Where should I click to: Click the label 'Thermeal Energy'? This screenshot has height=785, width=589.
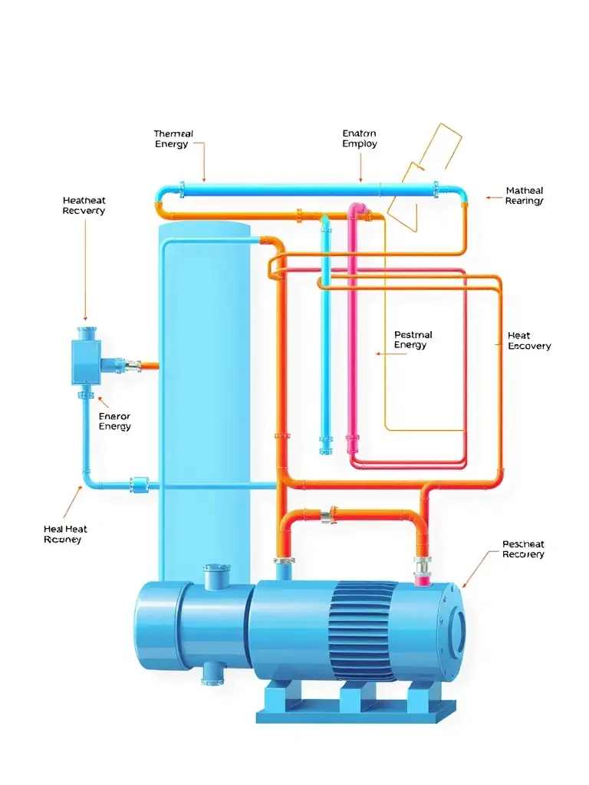coord(173,139)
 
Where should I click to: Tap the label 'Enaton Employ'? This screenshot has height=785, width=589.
coord(360,139)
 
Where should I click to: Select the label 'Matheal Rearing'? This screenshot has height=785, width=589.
coord(525,195)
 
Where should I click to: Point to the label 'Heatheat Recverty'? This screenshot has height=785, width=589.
coord(84,205)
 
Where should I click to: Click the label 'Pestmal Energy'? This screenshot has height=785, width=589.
coord(413,340)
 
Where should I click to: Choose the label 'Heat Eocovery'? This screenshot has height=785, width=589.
coord(529,341)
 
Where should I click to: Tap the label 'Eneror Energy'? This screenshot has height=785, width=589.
coord(115,422)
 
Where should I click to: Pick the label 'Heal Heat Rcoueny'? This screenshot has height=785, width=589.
coord(65,534)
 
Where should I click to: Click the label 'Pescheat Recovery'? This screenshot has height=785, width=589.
coord(523,549)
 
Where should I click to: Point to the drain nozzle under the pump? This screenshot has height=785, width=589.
coord(210,674)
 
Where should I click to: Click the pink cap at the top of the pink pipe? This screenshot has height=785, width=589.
coord(357,209)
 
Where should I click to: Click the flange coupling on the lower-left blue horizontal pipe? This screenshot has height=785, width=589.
coord(139,484)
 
